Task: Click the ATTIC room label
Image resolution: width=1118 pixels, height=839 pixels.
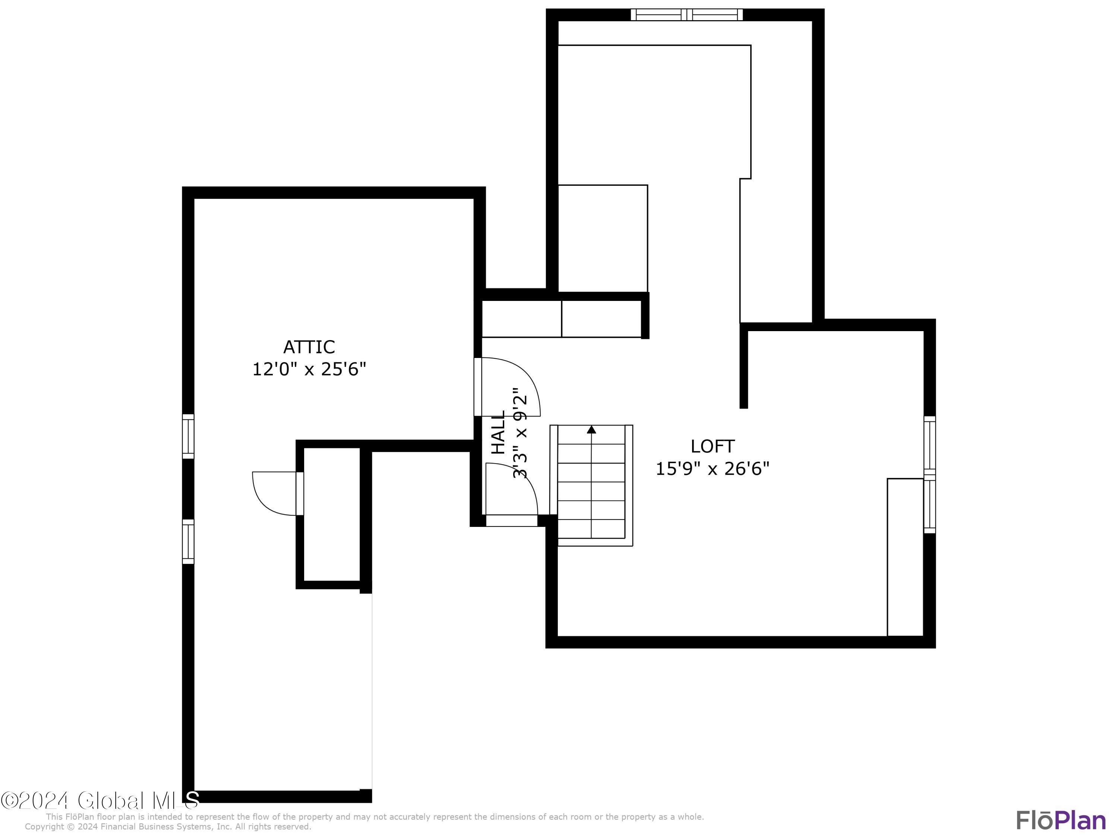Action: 309,347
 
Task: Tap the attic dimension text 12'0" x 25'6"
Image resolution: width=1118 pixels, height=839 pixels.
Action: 309,369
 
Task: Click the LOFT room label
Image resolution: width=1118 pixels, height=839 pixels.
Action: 712,446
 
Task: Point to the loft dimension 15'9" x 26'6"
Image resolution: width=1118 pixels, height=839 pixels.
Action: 712,469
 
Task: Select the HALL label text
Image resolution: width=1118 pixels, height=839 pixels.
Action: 498,433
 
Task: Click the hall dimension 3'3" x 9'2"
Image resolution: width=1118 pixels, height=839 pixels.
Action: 520,433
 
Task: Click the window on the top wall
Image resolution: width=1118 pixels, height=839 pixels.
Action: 686,15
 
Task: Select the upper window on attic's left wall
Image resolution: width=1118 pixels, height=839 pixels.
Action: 188,436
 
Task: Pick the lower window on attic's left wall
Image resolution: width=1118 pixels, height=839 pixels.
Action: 188,541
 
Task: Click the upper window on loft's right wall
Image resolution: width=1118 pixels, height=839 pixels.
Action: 929,444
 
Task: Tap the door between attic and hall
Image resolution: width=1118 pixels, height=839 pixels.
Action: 508,387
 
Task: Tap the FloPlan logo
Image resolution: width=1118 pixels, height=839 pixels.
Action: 1061,820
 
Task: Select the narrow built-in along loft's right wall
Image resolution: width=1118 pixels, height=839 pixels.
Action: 905,556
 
